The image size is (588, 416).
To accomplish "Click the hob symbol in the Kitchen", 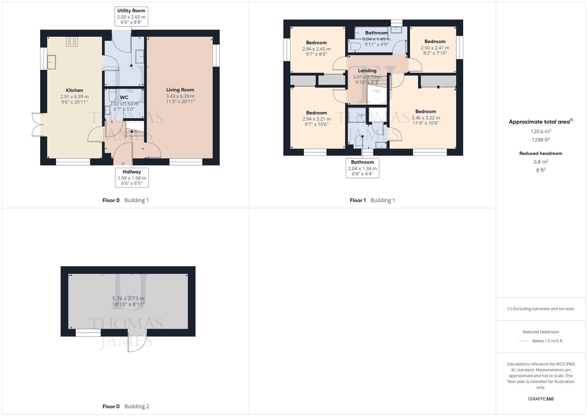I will (72, 41).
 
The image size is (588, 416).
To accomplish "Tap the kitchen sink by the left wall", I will (51, 62).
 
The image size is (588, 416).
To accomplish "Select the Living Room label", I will (180, 90).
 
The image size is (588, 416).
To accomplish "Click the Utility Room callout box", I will (131, 17).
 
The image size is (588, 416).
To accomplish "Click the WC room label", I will (124, 97).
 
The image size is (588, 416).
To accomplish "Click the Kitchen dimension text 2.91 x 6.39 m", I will (74, 97).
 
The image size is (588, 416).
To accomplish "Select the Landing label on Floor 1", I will (367, 70).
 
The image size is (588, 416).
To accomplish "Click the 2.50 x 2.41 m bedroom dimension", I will (435, 48).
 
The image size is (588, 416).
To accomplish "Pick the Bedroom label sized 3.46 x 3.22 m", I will (426, 111).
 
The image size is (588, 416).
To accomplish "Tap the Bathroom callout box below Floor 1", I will (362, 168).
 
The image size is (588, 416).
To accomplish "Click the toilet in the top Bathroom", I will (354, 46).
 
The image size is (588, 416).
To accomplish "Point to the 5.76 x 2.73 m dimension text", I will (128, 299).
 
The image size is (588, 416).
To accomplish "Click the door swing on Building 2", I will (136, 342).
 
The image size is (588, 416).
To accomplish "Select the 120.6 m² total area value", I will (541, 131).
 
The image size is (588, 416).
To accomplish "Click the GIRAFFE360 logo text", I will (541, 399).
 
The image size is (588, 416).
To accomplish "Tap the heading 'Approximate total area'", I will (540, 122).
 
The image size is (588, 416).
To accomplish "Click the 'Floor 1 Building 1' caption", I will (372, 200).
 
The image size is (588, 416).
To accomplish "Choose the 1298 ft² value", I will (541, 140).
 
